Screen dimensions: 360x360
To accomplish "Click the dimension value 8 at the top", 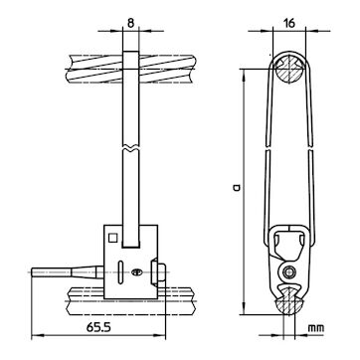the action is [130, 23].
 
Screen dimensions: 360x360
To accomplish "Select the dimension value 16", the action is [289, 23].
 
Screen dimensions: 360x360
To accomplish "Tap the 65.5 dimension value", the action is [98, 327].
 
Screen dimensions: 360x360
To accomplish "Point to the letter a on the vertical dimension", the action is [237, 188].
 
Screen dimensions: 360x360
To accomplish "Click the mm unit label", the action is [315, 328].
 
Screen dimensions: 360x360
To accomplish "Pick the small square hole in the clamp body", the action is [113, 238].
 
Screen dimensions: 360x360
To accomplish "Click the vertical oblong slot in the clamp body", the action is [120, 272].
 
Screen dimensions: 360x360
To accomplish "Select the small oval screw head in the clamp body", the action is [136, 272].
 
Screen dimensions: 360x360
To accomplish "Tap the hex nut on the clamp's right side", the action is [158, 272].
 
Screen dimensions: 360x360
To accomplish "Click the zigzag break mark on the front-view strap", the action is [130, 148].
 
